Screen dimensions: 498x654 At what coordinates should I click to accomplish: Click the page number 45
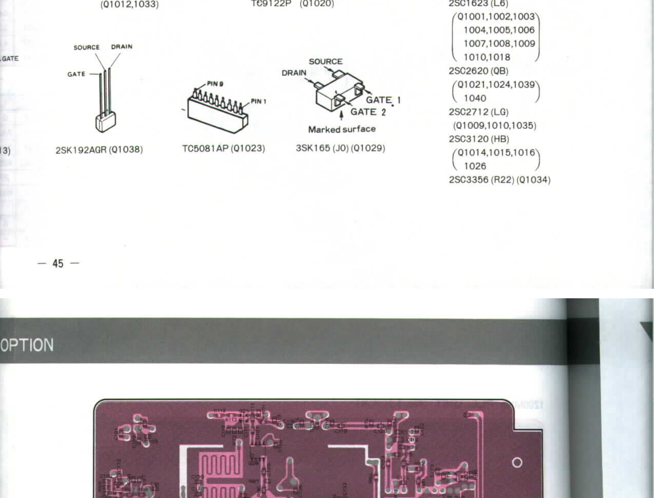click(x=58, y=263)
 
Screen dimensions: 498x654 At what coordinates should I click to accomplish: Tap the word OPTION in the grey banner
click(x=27, y=345)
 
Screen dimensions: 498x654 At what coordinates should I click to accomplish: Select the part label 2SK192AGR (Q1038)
click(x=99, y=150)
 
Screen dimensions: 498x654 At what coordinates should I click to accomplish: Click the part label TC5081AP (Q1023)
click(x=224, y=148)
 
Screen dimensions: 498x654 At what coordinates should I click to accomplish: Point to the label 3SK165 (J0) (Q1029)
click(x=340, y=148)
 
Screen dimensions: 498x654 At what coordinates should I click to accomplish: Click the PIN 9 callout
click(x=215, y=84)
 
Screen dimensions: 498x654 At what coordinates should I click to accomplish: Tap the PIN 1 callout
click(x=259, y=101)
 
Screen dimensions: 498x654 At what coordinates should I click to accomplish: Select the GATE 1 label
click(x=383, y=100)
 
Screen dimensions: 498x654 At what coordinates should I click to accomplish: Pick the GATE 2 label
click(x=368, y=112)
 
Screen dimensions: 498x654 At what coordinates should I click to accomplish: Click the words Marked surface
click(x=342, y=129)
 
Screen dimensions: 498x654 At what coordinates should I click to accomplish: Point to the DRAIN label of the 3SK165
click(x=294, y=73)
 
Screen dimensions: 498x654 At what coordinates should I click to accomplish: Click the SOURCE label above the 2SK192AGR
click(x=87, y=47)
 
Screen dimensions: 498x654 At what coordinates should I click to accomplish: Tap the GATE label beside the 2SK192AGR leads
click(x=76, y=74)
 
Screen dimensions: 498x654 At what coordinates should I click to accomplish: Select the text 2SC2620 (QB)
click(x=478, y=71)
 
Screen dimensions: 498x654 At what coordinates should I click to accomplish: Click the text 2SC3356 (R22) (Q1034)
click(x=500, y=179)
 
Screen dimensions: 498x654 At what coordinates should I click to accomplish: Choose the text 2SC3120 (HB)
click(x=479, y=139)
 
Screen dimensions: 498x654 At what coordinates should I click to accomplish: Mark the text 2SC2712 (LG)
click(x=478, y=112)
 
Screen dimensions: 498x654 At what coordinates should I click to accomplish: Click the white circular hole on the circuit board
click(x=517, y=463)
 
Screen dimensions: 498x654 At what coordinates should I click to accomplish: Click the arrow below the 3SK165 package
click(x=342, y=115)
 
